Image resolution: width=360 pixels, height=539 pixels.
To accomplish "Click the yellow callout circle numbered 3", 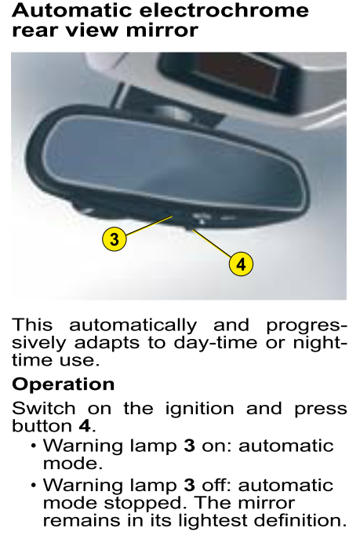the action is click(115, 239).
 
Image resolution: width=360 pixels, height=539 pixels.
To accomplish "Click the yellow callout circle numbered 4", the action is click(241, 264).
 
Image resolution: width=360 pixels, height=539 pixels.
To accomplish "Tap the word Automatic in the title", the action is click(72, 10).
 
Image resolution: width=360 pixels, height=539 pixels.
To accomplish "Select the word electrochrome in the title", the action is click(224, 10).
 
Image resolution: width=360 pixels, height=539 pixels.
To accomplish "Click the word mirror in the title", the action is click(162, 30).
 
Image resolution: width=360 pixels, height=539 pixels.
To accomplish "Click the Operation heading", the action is click(64, 384).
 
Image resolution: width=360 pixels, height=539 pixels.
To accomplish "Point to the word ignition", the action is click(199, 409).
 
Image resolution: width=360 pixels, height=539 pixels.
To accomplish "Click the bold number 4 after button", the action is click(85, 426).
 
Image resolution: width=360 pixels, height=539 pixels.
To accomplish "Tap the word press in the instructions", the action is click(321, 410).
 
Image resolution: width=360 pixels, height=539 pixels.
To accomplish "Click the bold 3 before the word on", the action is click(189, 446).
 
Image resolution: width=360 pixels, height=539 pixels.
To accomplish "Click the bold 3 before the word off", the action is click(189, 486).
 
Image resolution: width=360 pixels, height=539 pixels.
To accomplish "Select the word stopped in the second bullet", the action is click(143, 504).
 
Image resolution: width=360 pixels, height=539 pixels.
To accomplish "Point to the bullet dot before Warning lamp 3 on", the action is click(33, 446).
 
